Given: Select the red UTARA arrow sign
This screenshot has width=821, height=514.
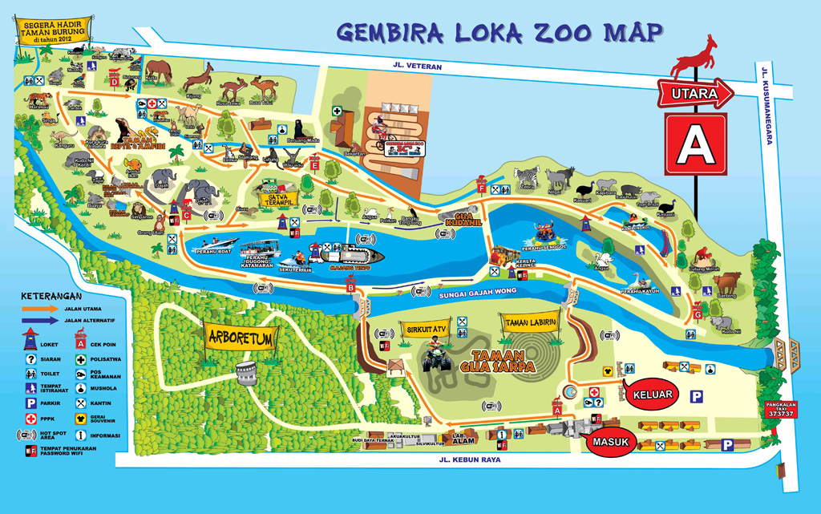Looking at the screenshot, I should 695,95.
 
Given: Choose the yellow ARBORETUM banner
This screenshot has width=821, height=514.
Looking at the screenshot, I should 240,338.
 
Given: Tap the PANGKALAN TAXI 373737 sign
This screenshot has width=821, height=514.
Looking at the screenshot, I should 779,409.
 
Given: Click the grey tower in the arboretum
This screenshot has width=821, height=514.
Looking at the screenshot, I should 246,370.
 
